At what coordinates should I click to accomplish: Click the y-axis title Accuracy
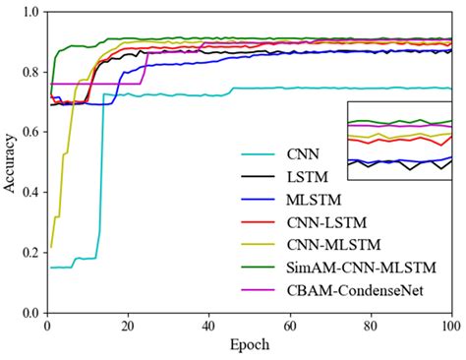point(9,162)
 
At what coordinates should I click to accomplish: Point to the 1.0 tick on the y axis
point(30,12)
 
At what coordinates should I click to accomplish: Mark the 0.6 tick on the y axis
point(30,133)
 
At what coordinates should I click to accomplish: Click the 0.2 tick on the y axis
point(30,253)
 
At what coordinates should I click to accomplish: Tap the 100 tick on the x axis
point(451,325)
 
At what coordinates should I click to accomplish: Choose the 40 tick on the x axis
point(208,325)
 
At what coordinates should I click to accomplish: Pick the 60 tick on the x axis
point(289,325)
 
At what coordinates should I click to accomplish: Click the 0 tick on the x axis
point(46,325)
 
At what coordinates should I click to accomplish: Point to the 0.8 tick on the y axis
point(30,72)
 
